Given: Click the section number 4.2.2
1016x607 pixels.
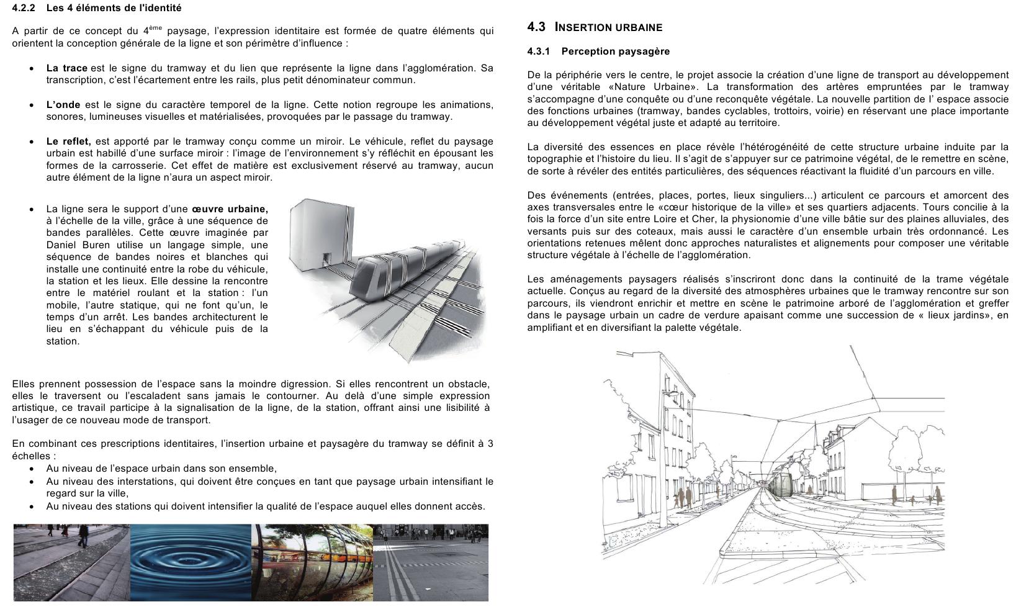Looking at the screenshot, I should tap(24, 8).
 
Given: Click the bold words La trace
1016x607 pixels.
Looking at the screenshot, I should tap(66, 68).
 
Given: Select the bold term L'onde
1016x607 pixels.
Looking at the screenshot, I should tap(63, 105).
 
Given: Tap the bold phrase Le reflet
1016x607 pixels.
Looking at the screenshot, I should tap(68, 142).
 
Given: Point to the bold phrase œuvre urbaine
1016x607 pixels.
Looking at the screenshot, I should tap(230, 209).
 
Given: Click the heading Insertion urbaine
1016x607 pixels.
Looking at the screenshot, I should tap(608, 27).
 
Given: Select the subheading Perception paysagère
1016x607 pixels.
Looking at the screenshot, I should tap(615, 52).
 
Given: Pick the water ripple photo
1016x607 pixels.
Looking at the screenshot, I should tap(191, 562).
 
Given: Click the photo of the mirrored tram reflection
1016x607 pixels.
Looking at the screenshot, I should tap(312, 562).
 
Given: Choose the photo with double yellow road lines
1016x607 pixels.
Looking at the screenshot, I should tap(431, 562).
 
